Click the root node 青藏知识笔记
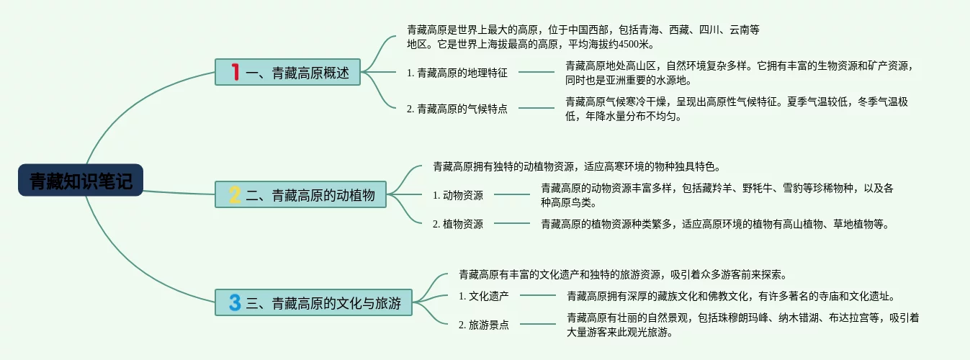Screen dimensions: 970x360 [81, 181]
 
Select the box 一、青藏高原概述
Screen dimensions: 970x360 [287, 73]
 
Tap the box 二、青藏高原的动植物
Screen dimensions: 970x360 [301, 194]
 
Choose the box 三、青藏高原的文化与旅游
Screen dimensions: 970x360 [313, 302]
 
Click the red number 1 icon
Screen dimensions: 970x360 [235, 72]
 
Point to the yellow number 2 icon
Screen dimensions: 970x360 [235, 194]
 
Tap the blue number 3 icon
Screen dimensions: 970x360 [235, 302]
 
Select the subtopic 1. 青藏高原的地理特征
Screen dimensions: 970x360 [457, 72]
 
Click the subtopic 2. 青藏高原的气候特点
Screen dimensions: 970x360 [457, 109]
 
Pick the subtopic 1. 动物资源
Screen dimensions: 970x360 [458, 195]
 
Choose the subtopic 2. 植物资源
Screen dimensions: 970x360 [458, 224]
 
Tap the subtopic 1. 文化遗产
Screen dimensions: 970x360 [484, 295]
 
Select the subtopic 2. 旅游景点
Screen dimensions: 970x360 [484, 325]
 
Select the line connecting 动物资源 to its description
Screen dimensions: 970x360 [511, 194]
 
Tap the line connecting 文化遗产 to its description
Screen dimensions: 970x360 [537, 295]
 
